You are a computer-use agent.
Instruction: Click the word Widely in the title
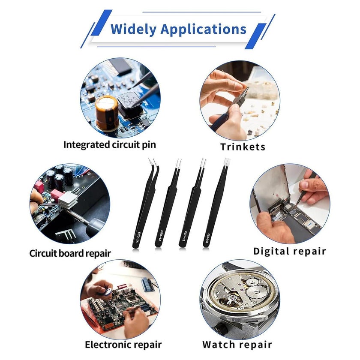[133, 30]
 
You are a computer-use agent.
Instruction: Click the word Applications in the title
[204, 30]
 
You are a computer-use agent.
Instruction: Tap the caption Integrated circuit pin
[110, 145]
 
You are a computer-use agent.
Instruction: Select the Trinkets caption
[243, 147]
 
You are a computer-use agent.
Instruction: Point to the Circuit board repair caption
[70, 253]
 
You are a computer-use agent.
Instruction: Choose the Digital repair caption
[290, 252]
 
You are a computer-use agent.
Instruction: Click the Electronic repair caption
[123, 345]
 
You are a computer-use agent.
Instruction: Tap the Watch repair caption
[237, 345]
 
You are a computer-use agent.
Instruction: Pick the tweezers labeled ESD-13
[191, 207]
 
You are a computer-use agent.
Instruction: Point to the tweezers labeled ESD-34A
[216, 207]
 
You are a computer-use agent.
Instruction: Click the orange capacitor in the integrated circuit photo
[107, 114]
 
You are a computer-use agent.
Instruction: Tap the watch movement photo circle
[240, 300]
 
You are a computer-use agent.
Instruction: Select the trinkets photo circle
[240, 101]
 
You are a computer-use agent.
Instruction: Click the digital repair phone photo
[290, 204]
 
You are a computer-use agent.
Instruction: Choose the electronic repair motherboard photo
[120, 300]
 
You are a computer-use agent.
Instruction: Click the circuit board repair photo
[70, 204]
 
